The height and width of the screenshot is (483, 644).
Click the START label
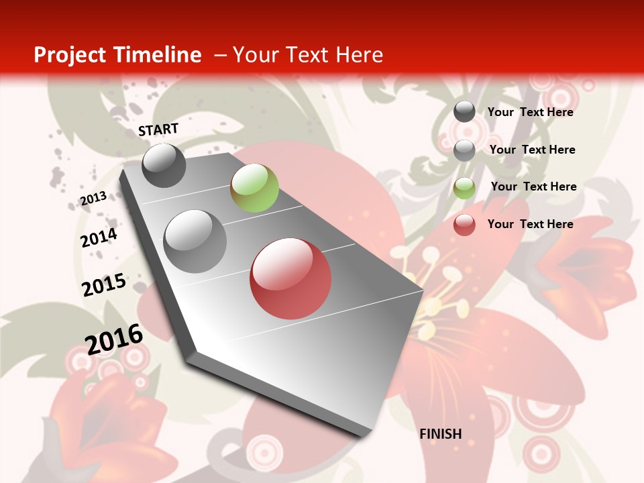click(x=158, y=129)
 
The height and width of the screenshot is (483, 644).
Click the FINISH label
click(x=441, y=434)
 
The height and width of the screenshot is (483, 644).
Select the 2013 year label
click(x=94, y=198)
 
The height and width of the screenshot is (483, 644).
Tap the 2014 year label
click(x=99, y=237)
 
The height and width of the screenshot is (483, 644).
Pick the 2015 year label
click(x=104, y=284)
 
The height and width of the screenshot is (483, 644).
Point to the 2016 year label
click(x=114, y=339)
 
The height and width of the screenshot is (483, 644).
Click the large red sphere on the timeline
click(x=290, y=278)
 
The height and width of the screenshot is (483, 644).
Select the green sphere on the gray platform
click(x=254, y=188)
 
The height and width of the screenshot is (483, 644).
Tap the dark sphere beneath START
click(x=164, y=165)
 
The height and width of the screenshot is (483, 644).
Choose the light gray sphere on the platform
click(x=195, y=241)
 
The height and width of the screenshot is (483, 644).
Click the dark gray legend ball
click(x=464, y=111)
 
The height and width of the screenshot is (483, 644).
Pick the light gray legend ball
click(x=464, y=150)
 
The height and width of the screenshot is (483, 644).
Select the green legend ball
click(x=464, y=188)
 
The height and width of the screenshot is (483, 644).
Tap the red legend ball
click(x=464, y=225)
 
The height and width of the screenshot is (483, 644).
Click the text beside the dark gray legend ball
click(x=530, y=112)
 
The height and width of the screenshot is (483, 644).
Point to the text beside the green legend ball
click(x=533, y=186)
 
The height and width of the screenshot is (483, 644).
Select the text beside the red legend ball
click(x=530, y=224)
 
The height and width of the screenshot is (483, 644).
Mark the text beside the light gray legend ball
click(x=532, y=150)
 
